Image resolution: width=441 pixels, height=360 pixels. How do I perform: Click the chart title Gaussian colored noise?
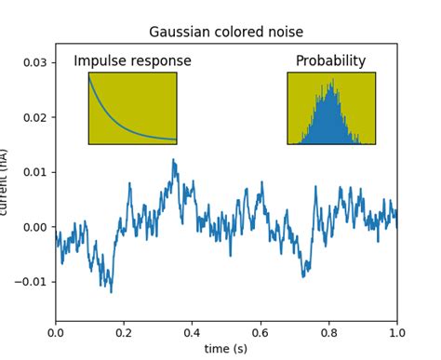click(x=226, y=33)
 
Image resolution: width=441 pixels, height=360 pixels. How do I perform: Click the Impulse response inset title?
click(x=132, y=61)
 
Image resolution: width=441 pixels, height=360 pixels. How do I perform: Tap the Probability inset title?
click(x=330, y=61)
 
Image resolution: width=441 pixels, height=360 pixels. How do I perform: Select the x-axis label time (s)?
click(x=226, y=348)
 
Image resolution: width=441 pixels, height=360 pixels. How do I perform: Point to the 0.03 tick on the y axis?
click(x=33, y=63)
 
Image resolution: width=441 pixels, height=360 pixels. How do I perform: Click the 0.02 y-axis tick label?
click(x=33, y=118)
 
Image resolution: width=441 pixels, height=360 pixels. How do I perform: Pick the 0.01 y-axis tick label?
click(x=33, y=173)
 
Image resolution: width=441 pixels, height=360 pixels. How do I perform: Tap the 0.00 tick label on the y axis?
click(x=33, y=227)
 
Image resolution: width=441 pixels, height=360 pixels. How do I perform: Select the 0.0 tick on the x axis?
click(x=56, y=332)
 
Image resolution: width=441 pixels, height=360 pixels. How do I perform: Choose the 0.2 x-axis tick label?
click(x=124, y=332)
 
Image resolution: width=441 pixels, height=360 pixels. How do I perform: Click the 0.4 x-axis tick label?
click(x=193, y=332)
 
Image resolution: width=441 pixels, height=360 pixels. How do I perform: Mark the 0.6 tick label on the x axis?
click(x=261, y=332)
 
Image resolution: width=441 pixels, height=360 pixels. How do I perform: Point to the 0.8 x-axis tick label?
click(x=328, y=332)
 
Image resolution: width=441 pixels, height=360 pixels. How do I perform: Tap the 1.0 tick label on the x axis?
click(x=396, y=332)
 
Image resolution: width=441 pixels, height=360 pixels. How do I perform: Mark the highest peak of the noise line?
click(x=173, y=160)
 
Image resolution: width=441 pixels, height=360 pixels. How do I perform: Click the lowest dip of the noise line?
click(x=112, y=291)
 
